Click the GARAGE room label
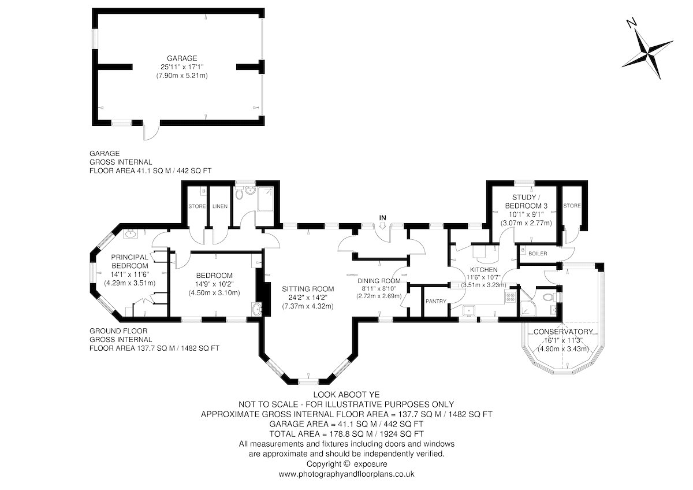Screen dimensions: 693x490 click(x=182, y=58)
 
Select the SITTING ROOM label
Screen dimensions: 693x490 click(x=308, y=289)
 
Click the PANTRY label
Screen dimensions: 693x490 click(x=436, y=301)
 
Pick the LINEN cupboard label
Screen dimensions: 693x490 click(x=220, y=206)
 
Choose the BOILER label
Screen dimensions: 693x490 click(x=538, y=254)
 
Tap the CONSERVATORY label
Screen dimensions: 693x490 click(x=563, y=332)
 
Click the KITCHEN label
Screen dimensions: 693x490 click(x=483, y=270)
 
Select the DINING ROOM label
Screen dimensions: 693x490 click(x=379, y=281)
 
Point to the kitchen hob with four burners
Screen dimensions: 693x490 click(x=510, y=298)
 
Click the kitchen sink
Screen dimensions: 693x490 click(x=469, y=310)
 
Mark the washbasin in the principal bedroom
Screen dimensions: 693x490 click(x=131, y=233)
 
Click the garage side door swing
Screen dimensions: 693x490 click(x=151, y=132)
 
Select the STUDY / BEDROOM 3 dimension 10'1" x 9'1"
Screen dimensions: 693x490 click(x=526, y=214)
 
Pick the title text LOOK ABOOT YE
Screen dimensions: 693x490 click(x=346, y=395)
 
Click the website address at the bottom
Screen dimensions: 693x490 click(x=346, y=474)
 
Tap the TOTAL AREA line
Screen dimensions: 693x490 click(x=346, y=434)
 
